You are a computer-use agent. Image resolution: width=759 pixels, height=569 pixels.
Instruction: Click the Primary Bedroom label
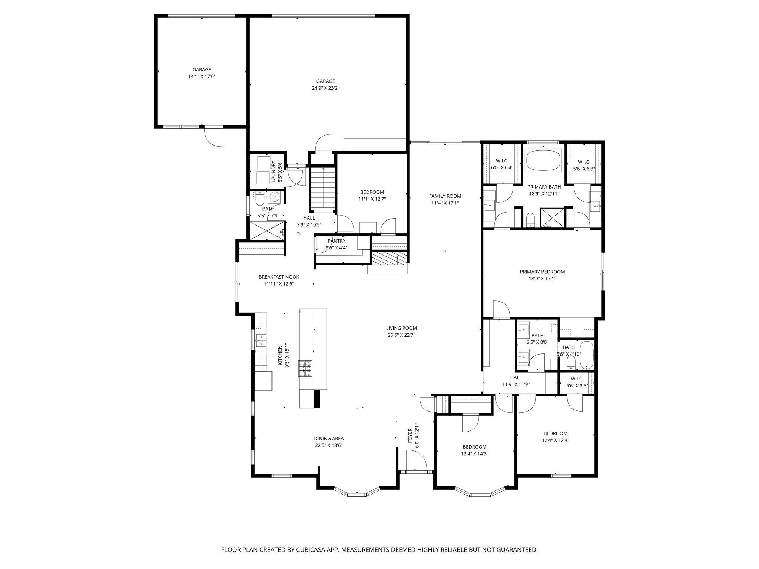542,272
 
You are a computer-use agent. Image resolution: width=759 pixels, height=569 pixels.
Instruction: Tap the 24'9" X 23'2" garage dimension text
325,88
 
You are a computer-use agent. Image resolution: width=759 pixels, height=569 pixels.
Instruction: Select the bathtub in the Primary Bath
543,160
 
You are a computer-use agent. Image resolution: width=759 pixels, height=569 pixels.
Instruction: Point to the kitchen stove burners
305,369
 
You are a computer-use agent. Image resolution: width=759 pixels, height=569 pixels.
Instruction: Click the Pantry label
336,241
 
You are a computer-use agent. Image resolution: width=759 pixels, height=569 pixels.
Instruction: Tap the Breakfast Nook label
279,277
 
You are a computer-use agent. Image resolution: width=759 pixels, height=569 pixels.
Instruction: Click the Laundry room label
273,171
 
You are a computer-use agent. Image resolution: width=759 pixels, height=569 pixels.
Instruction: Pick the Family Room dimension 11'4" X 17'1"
445,203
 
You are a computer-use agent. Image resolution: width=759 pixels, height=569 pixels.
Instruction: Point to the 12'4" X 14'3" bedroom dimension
474,454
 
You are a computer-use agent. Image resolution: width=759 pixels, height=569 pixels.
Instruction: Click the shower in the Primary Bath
553,217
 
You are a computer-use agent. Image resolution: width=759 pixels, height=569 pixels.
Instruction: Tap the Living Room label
401,328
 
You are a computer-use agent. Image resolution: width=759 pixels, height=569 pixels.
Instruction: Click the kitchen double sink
261,340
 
